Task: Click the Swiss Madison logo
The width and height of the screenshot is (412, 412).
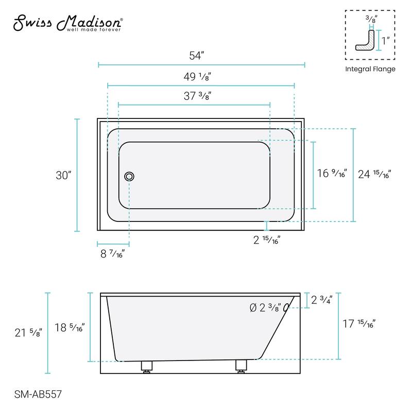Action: [67, 23]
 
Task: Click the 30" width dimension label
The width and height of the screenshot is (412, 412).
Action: [63, 175]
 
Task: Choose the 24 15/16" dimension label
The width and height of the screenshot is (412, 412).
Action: [375, 174]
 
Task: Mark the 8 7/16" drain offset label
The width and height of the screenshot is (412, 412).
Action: [111, 253]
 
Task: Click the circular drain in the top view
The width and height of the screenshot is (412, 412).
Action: [129, 176]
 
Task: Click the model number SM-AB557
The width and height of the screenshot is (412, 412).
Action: [35, 394]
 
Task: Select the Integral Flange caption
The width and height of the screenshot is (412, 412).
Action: [370, 69]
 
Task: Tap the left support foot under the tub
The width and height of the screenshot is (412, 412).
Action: [147, 366]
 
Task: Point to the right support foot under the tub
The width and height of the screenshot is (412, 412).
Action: [241, 366]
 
